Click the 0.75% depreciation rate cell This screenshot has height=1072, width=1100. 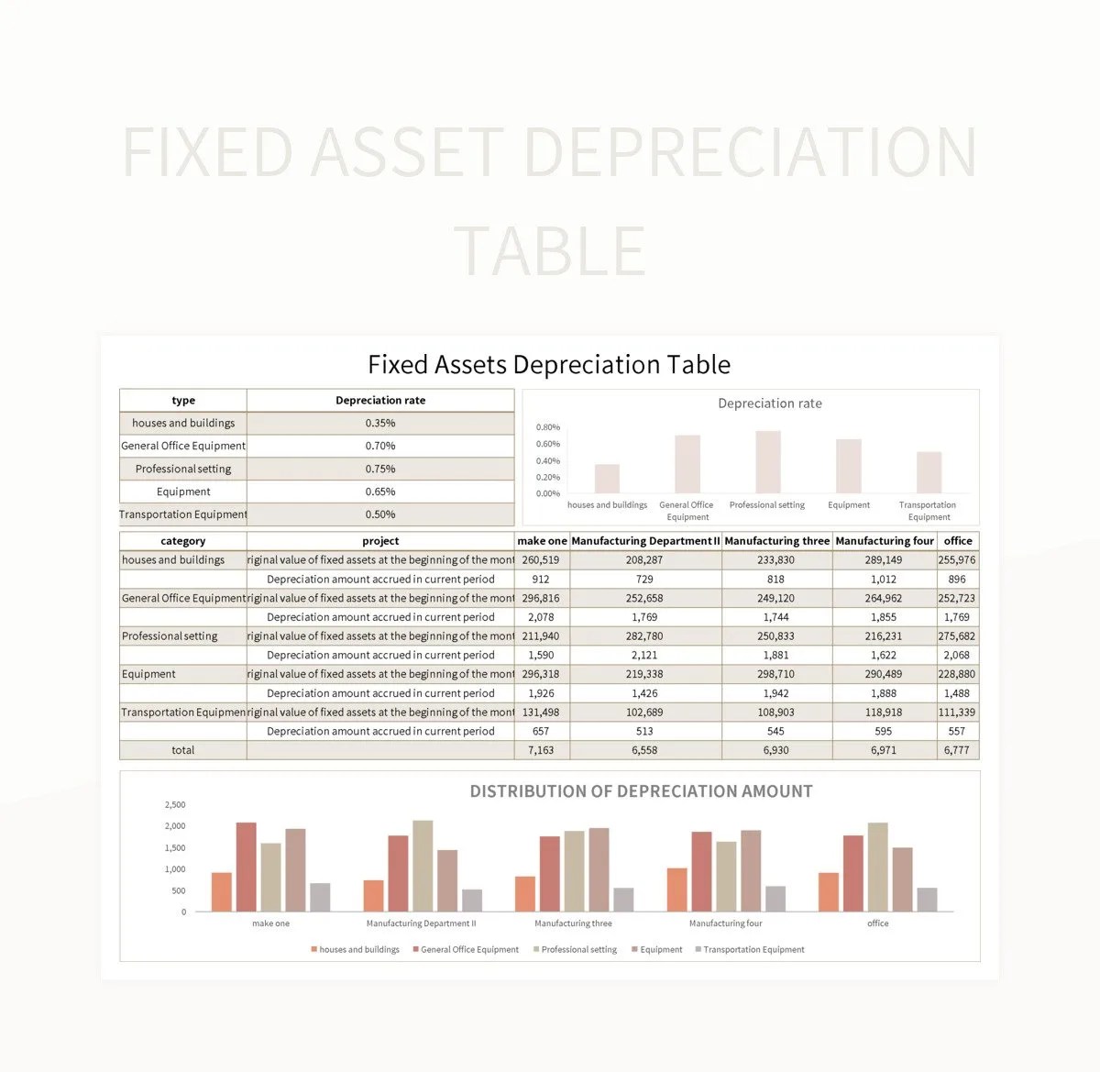[x=380, y=469]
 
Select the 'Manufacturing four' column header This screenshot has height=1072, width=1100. [x=885, y=541]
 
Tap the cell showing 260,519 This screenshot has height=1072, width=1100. [x=541, y=560]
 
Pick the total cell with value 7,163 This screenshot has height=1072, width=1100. [x=541, y=750]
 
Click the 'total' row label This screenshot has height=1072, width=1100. [x=182, y=750]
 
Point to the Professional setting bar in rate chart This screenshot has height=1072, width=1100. [x=768, y=462]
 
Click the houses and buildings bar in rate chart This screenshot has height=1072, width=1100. [x=607, y=479]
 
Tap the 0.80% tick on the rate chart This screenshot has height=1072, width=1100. [x=547, y=427]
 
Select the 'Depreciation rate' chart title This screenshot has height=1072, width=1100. [x=770, y=403]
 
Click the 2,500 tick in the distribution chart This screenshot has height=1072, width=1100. [x=174, y=805]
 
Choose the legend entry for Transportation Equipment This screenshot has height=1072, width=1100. [x=753, y=950]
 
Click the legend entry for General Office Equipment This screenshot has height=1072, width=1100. [x=468, y=950]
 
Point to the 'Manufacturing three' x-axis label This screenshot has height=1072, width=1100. [x=573, y=923]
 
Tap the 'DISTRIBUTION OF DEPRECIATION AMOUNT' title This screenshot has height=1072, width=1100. [x=641, y=791]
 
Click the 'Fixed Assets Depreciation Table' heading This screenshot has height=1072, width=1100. [x=549, y=365]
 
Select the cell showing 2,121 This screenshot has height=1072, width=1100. [x=644, y=656]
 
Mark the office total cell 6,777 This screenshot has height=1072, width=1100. [x=957, y=750]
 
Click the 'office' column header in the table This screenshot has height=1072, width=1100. [x=958, y=541]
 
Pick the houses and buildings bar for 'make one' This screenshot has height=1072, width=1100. [x=222, y=891]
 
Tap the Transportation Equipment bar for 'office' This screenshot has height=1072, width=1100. [x=927, y=900]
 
